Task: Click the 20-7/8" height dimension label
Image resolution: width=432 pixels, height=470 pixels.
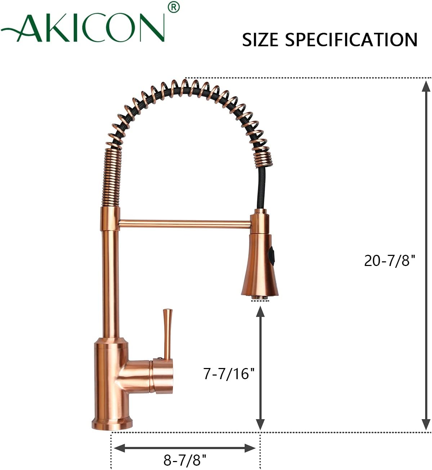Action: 389,260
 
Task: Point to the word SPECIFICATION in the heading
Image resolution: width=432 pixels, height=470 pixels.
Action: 351,40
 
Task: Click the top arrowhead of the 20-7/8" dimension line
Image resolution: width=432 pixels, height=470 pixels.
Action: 426,87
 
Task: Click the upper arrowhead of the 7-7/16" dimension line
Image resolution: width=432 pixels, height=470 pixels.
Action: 260,311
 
